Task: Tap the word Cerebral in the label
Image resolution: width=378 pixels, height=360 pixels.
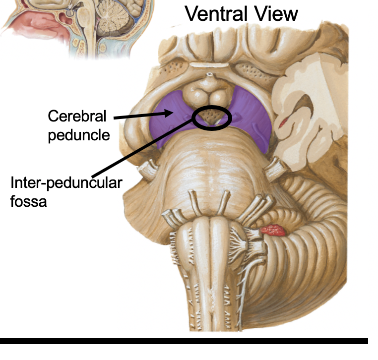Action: (x=77, y=117)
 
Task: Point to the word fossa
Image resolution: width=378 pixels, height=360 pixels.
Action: (x=28, y=201)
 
